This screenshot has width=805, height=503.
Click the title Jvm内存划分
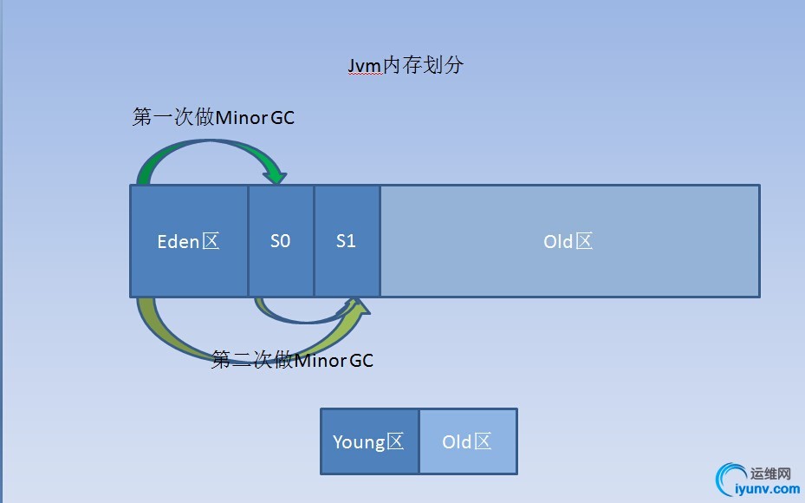pos(400,66)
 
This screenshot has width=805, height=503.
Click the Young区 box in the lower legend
pos(369,441)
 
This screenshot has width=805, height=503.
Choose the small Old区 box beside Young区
pos(468,441)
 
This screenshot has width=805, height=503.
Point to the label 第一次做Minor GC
pos(213,117)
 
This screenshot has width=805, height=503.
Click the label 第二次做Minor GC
pos(293,360)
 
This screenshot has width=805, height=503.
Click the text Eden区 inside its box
pos(189,241)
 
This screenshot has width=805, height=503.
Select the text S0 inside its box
pos(281,241)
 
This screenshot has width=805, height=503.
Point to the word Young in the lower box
pos(359,442)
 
